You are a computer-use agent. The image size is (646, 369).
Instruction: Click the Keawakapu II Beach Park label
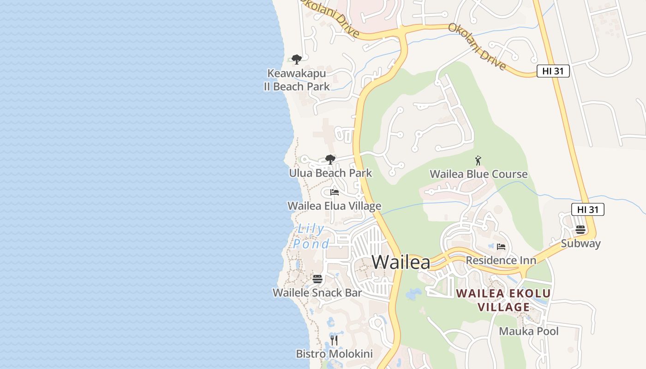297,80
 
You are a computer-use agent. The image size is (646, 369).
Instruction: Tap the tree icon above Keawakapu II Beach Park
297,59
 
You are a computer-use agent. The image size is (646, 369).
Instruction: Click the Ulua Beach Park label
330,173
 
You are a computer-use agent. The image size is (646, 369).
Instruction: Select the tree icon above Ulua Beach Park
330,160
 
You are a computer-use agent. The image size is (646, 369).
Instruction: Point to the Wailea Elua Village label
334,206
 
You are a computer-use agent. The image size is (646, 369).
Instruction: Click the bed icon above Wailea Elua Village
335,192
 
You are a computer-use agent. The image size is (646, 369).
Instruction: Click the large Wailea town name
401,262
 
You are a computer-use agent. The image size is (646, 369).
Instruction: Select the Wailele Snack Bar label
317,292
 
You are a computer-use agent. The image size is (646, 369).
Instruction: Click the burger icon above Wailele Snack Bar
317,279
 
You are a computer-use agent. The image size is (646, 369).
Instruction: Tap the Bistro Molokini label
334,354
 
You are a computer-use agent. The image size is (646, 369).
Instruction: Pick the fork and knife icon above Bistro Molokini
334,340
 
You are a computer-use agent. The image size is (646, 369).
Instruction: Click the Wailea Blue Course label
479,174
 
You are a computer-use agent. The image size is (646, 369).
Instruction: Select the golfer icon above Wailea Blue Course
478,161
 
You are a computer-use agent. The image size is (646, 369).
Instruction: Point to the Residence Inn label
501,260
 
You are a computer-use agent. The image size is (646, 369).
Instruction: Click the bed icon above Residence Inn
501,247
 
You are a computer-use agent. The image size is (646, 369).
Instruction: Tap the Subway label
580,244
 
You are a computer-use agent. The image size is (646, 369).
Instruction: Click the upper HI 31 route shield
553,71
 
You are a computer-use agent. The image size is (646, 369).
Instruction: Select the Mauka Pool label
529,331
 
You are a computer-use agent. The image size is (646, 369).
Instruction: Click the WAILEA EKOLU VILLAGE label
503,300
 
